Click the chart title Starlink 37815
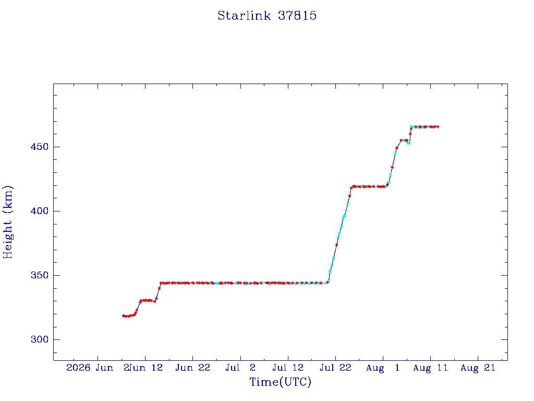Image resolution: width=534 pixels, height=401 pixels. pos(267,16)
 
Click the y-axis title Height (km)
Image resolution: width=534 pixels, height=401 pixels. pos(7,222)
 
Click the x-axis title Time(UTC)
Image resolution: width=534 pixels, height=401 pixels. pos(280,382)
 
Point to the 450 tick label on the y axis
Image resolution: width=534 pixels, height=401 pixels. pos(40,147)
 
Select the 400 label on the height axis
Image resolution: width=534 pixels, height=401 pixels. pos(40,211)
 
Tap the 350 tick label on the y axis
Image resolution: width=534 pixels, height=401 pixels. pos(40,275)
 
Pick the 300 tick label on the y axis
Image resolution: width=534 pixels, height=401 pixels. pos(40,339)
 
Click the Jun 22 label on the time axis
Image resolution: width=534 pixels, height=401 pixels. pos(193,368)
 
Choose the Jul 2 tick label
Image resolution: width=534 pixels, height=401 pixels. pos(240,368)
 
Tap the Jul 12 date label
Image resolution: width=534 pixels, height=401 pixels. pos(288,368)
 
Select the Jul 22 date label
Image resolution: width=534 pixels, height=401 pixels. pos(335,368)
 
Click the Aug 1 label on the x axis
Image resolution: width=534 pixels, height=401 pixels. pos(383,368)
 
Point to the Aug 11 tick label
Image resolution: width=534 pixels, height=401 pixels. pos(430,368)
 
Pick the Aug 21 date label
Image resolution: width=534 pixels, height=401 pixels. pos(478,368)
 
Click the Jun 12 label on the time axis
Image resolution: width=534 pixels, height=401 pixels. pos(146,368)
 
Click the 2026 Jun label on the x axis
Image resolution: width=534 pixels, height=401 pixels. pos(90,368)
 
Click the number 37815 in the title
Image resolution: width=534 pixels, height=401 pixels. pos(297,16)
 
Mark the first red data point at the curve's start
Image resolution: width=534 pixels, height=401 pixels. pos(123,316)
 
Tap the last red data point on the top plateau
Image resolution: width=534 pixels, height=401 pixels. pos(438,127)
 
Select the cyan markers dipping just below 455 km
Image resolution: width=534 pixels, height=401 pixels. pos(409,143)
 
